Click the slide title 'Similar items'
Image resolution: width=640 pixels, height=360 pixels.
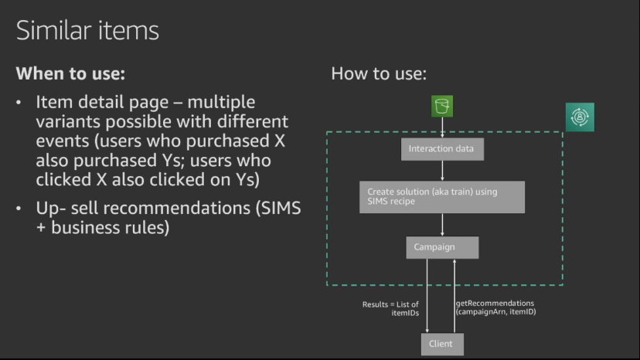tap(87, 31)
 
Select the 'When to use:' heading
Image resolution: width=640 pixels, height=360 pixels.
tap(70, 74)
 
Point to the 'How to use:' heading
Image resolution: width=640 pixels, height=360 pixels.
tap(379, 74)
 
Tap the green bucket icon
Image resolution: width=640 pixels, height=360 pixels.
tap(442, 107)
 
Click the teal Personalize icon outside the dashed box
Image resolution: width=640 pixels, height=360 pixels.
tap(579, 117)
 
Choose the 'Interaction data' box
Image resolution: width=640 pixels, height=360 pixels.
tap(442, 148)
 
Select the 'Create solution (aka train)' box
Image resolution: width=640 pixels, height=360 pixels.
tap(442, 197)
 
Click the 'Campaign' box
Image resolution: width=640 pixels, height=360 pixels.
tap(442, 247)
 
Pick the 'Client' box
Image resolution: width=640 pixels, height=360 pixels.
tap(442, 344)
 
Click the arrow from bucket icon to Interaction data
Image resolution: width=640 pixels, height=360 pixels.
tap(442, 127)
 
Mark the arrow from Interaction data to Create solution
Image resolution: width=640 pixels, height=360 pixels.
tap(442, 171)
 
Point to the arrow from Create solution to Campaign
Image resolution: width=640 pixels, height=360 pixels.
tap(442, 225)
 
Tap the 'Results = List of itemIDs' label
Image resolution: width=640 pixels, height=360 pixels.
tap(391, 309)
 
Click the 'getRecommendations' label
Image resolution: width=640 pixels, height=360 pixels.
tap(495, 304)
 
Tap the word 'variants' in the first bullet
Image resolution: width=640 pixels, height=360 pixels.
tap(66, 122)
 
